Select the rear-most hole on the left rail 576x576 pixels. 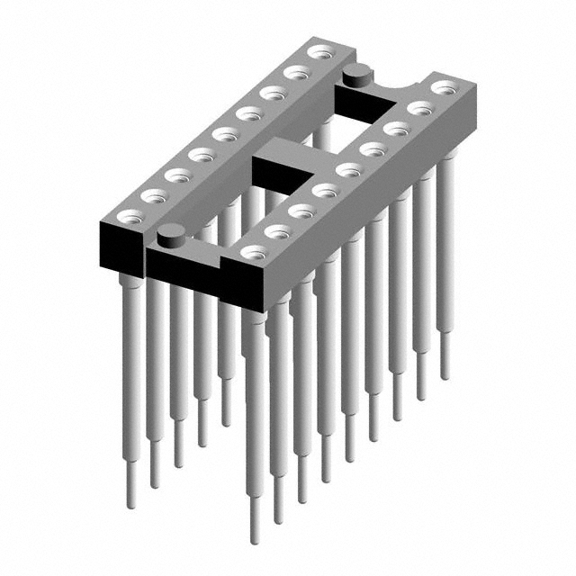click(317, 52)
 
